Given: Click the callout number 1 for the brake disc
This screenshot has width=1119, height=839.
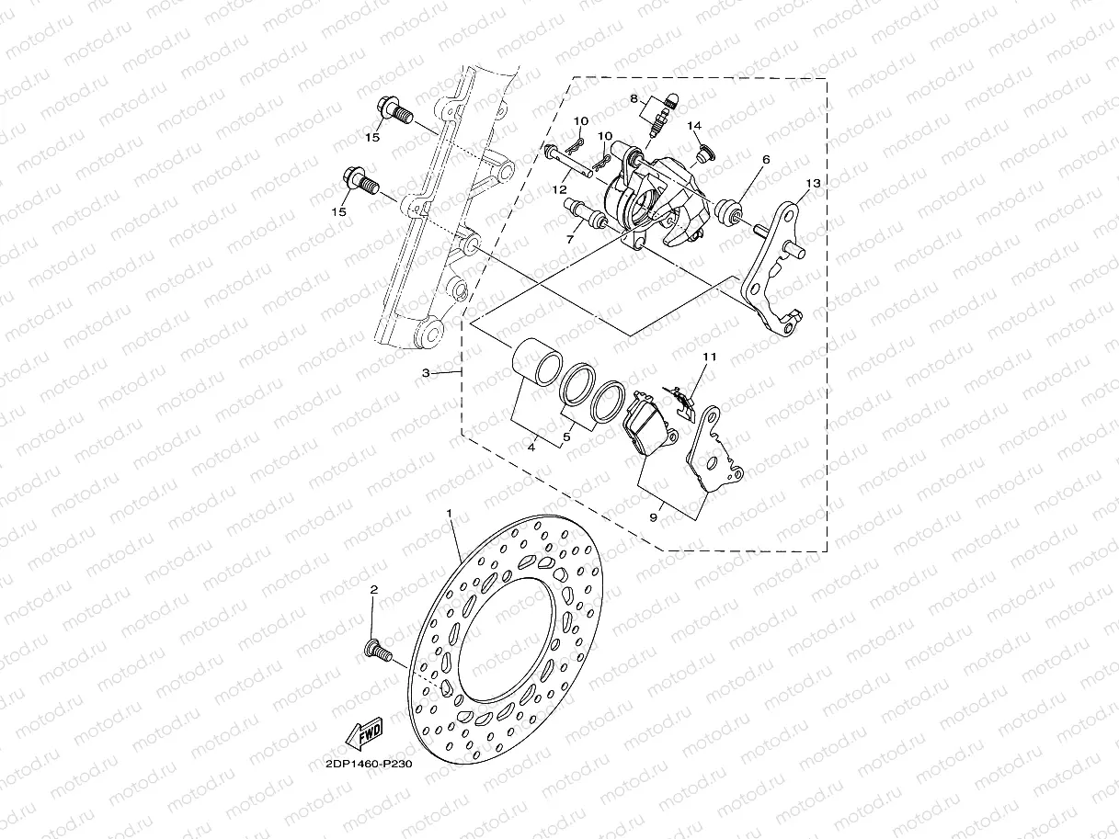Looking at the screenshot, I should click(x=450, y=511).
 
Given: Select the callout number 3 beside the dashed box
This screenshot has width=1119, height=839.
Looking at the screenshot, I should click(x=426, y=373).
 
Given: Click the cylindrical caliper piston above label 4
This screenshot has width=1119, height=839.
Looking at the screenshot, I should click(x=535, y=361).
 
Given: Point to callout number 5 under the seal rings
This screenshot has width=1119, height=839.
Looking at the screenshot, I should click(x=567, y=437).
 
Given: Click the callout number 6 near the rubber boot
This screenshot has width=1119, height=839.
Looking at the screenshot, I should click(x=764, y=159).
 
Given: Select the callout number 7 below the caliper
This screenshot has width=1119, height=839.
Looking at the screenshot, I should click(x=570, y=239).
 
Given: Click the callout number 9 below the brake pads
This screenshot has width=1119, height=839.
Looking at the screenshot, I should click(x=653, y=518).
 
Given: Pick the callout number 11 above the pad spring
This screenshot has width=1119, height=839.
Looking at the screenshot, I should click(x=709, y=356).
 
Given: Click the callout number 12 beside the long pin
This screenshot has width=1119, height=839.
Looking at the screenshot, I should click(x=558, y=189).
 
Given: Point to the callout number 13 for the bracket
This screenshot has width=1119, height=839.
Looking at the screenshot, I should click(x=811, y=184).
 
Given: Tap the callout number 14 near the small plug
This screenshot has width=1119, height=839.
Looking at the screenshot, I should click(x=694, y=126).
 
